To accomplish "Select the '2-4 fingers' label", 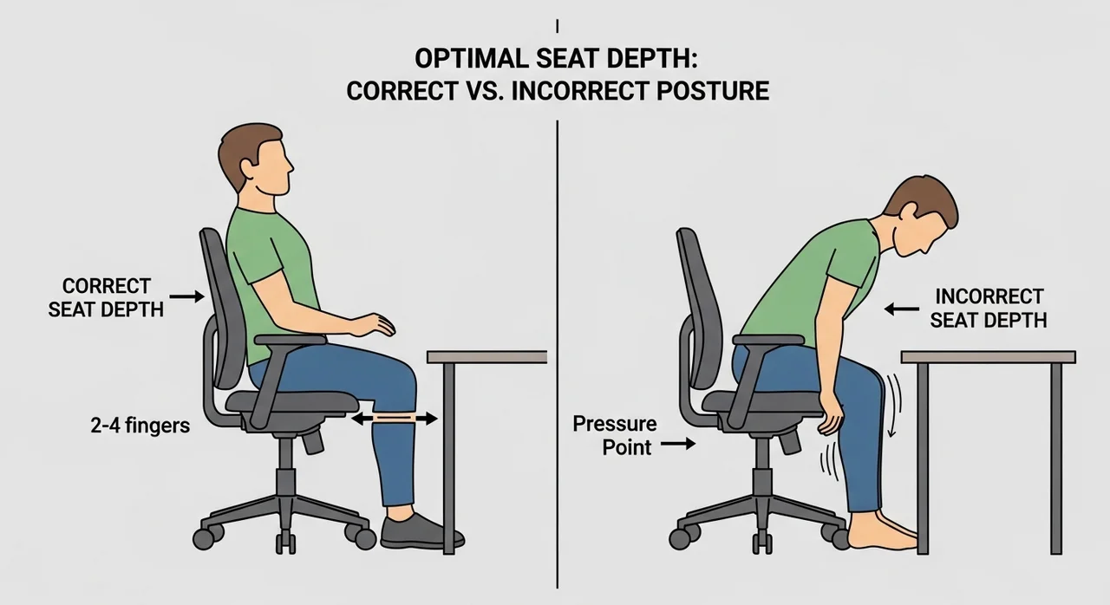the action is pos(140,426).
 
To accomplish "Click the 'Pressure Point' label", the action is pos(615,436).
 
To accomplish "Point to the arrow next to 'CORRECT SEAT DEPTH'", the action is pos(186,296).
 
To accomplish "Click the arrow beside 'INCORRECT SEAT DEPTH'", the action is pos(902,309).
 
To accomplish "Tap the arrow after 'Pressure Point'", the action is pos(678,444).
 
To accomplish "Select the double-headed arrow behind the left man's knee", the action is pos(395,420).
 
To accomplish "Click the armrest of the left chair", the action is pos(291,340).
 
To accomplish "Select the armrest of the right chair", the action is pos(768,340).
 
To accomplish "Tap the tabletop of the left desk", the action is pos(486,357).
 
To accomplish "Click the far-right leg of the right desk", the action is pos(1056,459).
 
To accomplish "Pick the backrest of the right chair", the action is pos(700,307).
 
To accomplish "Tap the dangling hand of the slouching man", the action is pos(831,415).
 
